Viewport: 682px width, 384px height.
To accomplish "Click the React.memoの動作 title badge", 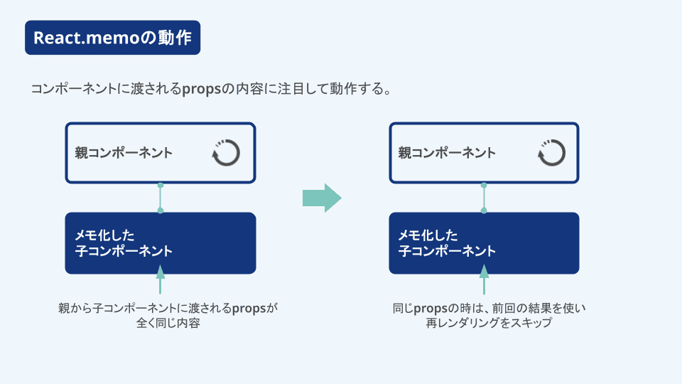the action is click(x=113, y=38).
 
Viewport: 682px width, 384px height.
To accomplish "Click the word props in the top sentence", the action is click(x=202, y=90).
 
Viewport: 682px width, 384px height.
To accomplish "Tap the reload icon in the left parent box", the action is click(x=226, y=153).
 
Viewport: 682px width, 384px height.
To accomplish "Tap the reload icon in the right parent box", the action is click(x=551, y=153).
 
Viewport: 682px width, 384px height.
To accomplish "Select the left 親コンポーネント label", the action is click(x=124, y=153).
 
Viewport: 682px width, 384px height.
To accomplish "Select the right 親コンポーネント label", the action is click(x=447, y=153).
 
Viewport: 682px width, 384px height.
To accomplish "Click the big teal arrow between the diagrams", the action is click(x=322, y=198).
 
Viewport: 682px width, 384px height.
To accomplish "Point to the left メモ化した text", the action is click(x=105, y=235).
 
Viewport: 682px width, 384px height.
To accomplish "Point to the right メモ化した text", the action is click(x=428, y=235).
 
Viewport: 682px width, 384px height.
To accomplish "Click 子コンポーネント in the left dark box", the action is click(x=124, y=251).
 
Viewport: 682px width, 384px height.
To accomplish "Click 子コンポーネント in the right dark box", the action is click(x=448, y=251).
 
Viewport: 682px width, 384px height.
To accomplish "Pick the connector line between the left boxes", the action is click(x=161, y=198).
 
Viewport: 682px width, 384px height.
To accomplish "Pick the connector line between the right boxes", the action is click(x=484, y=198).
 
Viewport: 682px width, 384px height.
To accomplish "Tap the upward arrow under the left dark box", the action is click(x=161, y=279).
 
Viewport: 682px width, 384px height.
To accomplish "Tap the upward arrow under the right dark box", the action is click(x=484, y=279).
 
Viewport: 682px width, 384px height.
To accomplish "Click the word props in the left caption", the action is click(x=249, y=309).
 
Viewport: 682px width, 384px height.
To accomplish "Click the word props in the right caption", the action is click(x=431, y=309).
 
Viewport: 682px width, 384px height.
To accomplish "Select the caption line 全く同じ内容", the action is click(x=168, y=323).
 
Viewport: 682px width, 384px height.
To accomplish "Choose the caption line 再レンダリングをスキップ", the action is click(x=489, y=323).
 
